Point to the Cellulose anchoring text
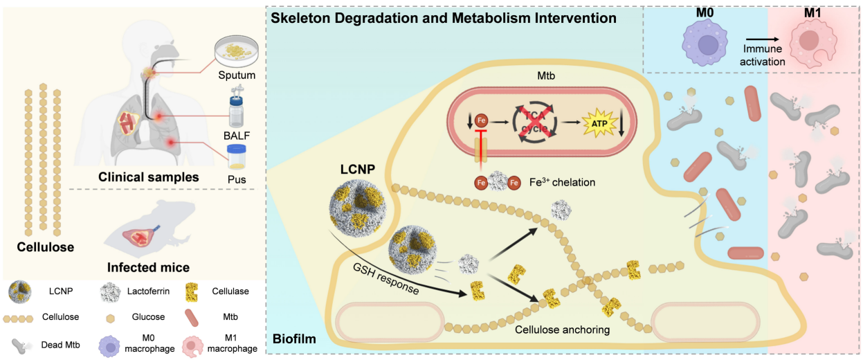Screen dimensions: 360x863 coord(562,330)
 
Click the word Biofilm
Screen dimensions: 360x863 coord(293,339)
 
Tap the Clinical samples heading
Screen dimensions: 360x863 coord(149,177)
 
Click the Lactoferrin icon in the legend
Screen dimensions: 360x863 coord(111,291)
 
